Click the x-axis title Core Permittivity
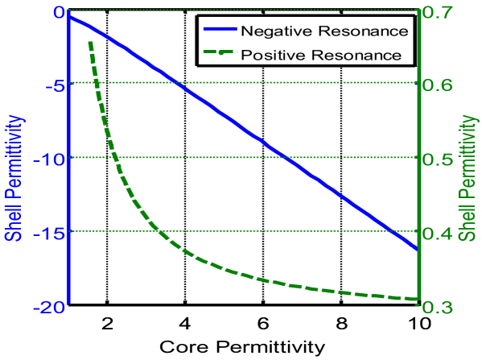click(242, 347)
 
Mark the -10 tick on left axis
click(49, 158)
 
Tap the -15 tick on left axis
click(49, 232)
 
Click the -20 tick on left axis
click(49, 306)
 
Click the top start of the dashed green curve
click(89, 42)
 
